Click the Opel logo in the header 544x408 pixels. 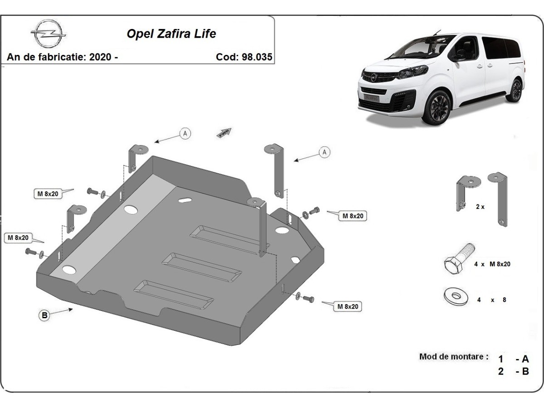49,34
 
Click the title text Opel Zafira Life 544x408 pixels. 171,34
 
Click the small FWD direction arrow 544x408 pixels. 224,132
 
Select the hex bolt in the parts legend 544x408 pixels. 458,258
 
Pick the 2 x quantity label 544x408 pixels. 480,206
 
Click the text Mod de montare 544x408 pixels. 454,356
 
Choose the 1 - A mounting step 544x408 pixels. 514,359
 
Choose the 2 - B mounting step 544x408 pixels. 514,372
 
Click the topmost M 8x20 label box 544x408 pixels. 47,194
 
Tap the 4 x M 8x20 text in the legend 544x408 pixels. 492,264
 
